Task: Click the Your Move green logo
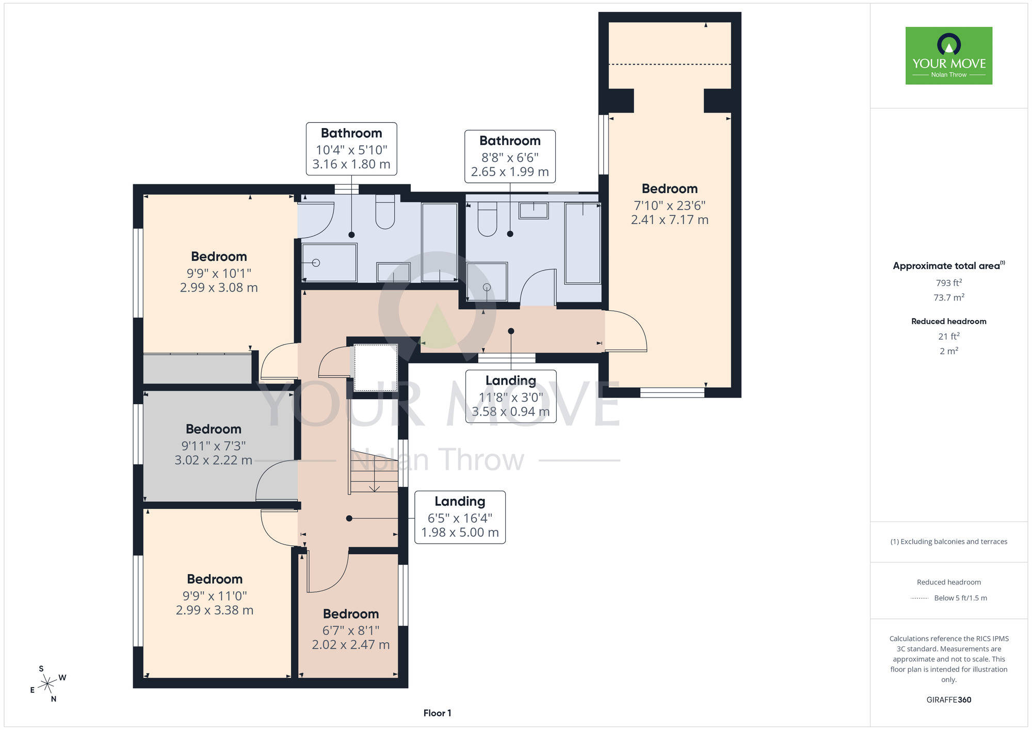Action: coord(949,56)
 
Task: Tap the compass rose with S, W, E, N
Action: coord(47,684)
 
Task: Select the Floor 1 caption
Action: coord(437,713)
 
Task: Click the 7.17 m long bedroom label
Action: coord(670,204)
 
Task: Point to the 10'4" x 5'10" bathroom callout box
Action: coord(351,149)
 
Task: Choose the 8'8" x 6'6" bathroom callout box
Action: coord(510,156)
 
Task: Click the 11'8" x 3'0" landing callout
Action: coord(511,396)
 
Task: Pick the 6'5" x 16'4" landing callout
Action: coord(460,517)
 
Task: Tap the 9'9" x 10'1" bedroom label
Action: coord(219,272)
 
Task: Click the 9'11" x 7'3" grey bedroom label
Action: coord(214,445)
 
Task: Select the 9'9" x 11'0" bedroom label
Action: coord(215,595)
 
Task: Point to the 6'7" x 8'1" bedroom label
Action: coord(351,629)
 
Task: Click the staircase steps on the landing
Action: coord(375,470)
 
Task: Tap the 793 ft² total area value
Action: coord(949,283)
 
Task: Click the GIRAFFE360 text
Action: coord(949,700)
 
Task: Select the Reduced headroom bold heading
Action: coord(949,321)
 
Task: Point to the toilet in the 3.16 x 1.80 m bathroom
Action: coord(385,212)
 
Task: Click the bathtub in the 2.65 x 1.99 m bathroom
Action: coord(583,243)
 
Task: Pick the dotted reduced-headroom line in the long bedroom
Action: coord(670,65)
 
